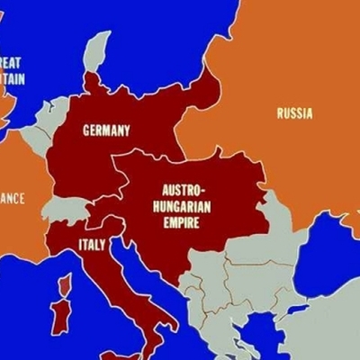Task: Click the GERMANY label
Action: (106, 130)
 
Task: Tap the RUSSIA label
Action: (294, 113)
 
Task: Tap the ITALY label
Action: (92, 245)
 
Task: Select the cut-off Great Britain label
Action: (12, 71)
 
